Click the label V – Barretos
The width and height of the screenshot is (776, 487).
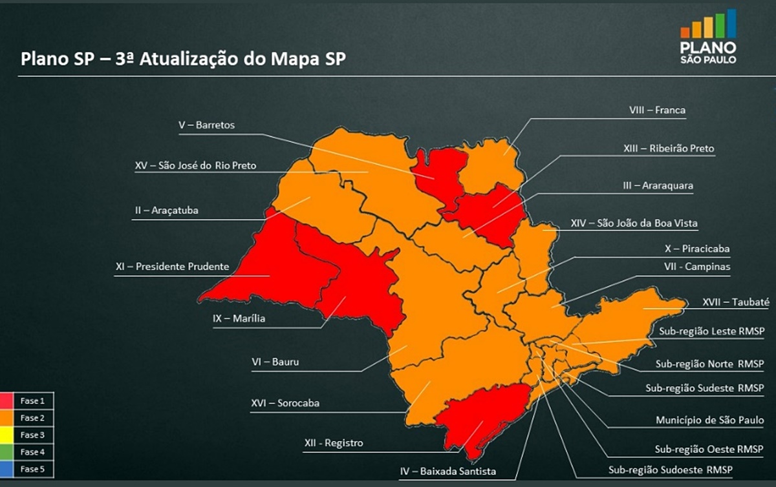click(206, 125)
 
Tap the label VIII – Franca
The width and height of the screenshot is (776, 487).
click(657, 110)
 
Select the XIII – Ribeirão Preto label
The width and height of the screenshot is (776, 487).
click(669, 149)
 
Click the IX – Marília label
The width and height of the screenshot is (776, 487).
click(239, 318)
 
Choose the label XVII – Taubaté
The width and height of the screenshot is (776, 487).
click(736, 302)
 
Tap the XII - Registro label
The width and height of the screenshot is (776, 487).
click(334, 444)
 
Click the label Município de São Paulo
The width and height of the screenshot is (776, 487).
click(710, 420)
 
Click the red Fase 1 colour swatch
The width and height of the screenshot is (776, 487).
click(8, 401)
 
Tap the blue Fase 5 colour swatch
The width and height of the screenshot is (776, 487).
click(8, 469)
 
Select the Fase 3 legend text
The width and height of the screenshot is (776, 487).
click(32, 435)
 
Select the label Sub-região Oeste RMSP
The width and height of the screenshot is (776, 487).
click(709, 449)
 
